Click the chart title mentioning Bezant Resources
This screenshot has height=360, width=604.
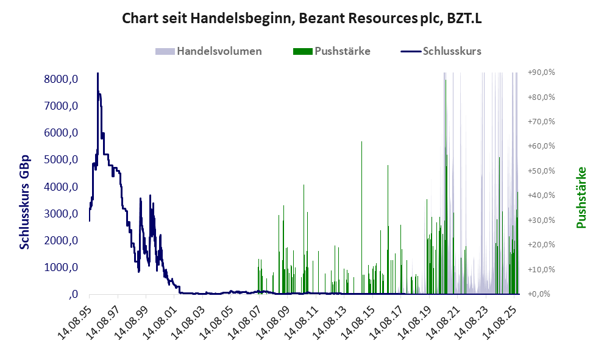302,18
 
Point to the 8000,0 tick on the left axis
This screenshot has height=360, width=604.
62,79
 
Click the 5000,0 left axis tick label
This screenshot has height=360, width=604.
62,160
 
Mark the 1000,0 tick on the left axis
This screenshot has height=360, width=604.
62,267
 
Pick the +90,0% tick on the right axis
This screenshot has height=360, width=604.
541,72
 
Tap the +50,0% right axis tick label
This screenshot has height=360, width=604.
541,171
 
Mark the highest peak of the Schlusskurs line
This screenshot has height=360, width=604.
98,74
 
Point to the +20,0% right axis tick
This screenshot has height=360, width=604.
541,244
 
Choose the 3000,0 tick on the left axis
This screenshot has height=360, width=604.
62,214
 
